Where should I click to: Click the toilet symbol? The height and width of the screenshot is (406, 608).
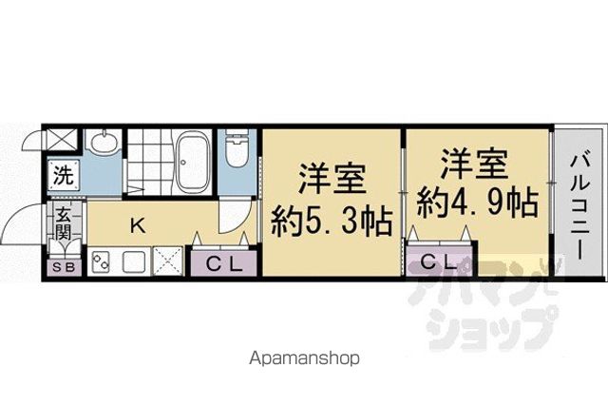coord(237,148)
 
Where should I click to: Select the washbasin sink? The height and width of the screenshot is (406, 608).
coord(104,143)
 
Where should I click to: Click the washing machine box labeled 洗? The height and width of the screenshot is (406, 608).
coord(64,176)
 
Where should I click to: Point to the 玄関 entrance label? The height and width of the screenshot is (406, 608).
coord(63,223)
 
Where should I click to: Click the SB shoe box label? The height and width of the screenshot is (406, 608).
coord(64,267)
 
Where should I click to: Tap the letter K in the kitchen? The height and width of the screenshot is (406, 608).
coord(138,226)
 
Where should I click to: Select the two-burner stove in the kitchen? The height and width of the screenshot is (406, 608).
coord(102,261)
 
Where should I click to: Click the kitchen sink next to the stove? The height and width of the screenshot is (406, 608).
coord(134,261)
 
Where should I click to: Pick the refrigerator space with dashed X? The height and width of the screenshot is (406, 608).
coord(168,261)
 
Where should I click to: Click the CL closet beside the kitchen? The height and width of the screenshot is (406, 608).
coord(224,264)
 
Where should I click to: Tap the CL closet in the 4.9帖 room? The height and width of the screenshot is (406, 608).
coord(439,263)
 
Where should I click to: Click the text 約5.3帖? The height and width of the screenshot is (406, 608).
coord(332,222)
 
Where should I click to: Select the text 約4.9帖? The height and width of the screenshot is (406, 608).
coord(477,203)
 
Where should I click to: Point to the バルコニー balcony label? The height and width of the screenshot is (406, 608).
coord(579,206)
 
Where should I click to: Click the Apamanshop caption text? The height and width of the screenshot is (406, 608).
coord(304,358)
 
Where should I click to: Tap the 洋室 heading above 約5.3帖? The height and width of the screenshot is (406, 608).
coord(332,179)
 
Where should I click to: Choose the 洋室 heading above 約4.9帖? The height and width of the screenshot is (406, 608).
coord(475,164)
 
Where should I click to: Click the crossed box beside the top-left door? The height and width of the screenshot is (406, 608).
coord(62,140)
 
